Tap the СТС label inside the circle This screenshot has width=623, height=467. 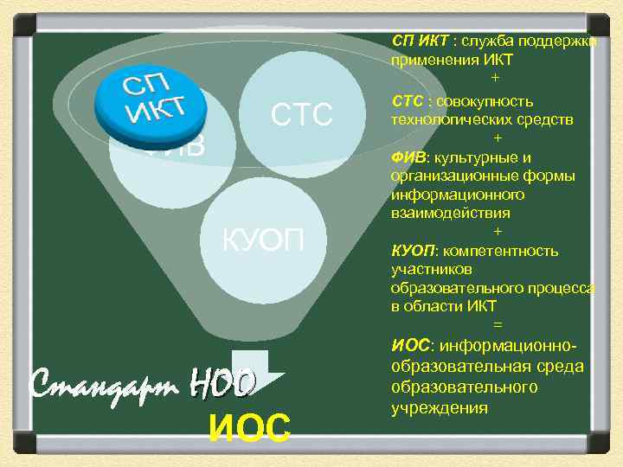[302, 113]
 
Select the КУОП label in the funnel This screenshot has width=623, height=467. [264, 240]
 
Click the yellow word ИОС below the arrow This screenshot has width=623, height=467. [250, 426]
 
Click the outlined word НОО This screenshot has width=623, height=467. [222, 381]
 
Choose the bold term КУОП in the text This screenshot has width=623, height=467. [414, 251]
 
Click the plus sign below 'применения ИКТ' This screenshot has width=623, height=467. [496, 79]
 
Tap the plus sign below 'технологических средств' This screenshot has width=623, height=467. [496, 138]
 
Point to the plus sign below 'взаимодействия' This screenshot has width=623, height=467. [496, 232]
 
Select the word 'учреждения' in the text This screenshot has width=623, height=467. [440, 407]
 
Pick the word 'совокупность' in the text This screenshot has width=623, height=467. [485, 101]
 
